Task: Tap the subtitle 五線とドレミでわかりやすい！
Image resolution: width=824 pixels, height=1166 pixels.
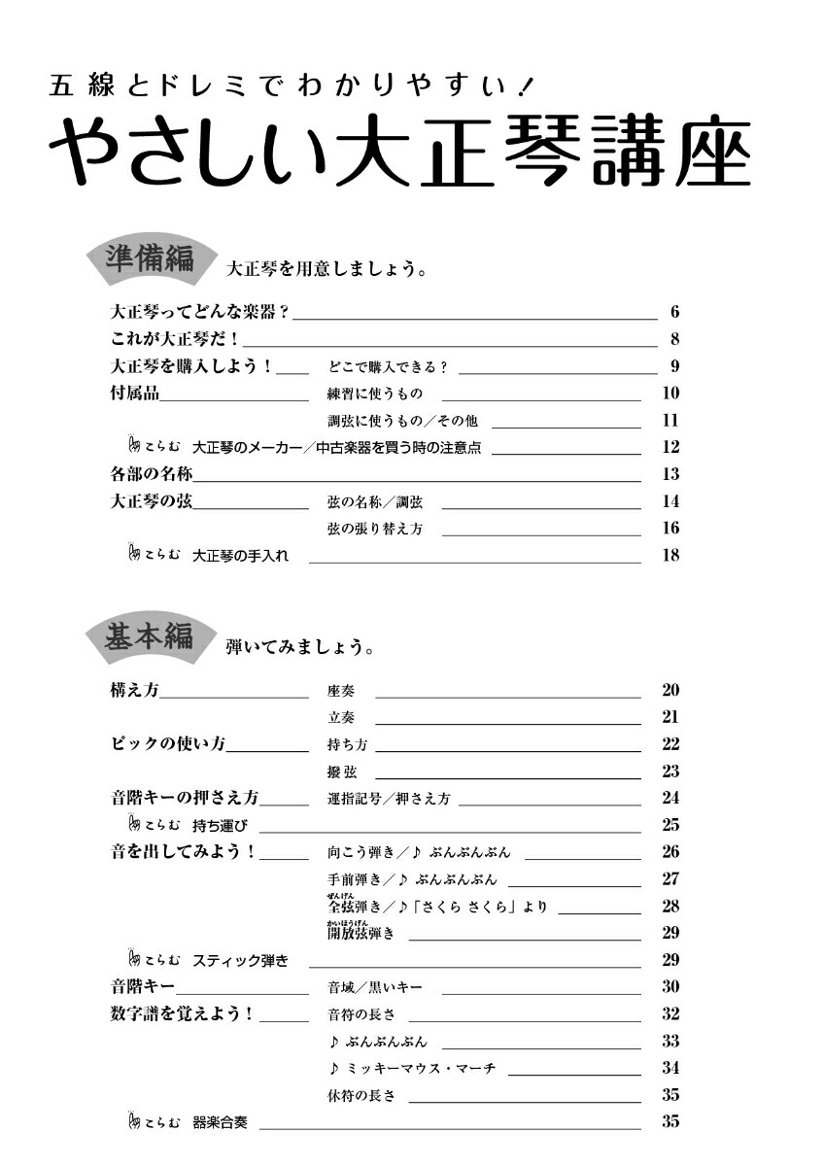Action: click(x=290, y=87)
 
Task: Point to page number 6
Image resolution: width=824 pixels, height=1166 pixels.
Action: click(x=673, y=313)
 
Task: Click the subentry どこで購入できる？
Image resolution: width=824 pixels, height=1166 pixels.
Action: click(x=387, y=367)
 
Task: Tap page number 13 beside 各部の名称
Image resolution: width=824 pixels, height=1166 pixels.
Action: click(x=669, y=475)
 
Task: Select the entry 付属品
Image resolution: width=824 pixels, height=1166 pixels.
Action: click(x=135, y=394)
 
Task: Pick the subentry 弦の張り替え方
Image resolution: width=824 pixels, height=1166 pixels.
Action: click(x=374, y=530)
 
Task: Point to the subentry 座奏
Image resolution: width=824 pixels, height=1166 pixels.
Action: click(x=341, y=692)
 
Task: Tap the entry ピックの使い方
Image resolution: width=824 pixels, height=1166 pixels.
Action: click(x=168, y=745)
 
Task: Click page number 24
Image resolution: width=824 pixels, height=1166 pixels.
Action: click(x=669, y=799)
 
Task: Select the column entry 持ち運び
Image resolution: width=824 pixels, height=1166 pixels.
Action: click(x=221, y=826)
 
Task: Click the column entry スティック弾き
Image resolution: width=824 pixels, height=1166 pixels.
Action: click(x=240, y=961)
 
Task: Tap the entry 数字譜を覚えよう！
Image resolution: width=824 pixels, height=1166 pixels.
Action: click(x=183, y=1014)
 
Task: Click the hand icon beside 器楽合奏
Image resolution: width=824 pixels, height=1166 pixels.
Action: click(x=135, y=1122)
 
